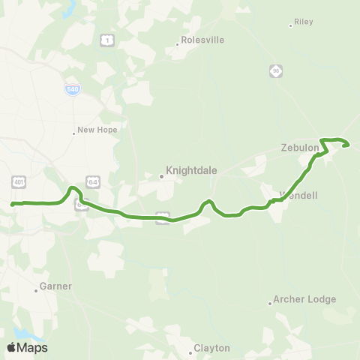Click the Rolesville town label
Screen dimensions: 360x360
[x=202, y=40]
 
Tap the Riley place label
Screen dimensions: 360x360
[x=304, y=22]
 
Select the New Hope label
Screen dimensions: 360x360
[x=97, y=130]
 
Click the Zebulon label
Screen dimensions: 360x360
[x=301, y=148]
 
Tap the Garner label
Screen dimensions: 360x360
[x=57, y=286]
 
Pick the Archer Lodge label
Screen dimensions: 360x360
[x=304, y=299]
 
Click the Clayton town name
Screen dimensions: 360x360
[x=211, y=348]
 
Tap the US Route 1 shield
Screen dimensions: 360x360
[x=109, y=40]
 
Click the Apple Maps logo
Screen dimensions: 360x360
[x=27, y=347]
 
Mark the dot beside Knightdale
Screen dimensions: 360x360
[x=161, y=177]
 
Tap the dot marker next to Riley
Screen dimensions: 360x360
[x=291, y=25]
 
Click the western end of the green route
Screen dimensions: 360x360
[x=12, y=203]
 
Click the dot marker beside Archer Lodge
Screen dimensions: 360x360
[x=270, y=303]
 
